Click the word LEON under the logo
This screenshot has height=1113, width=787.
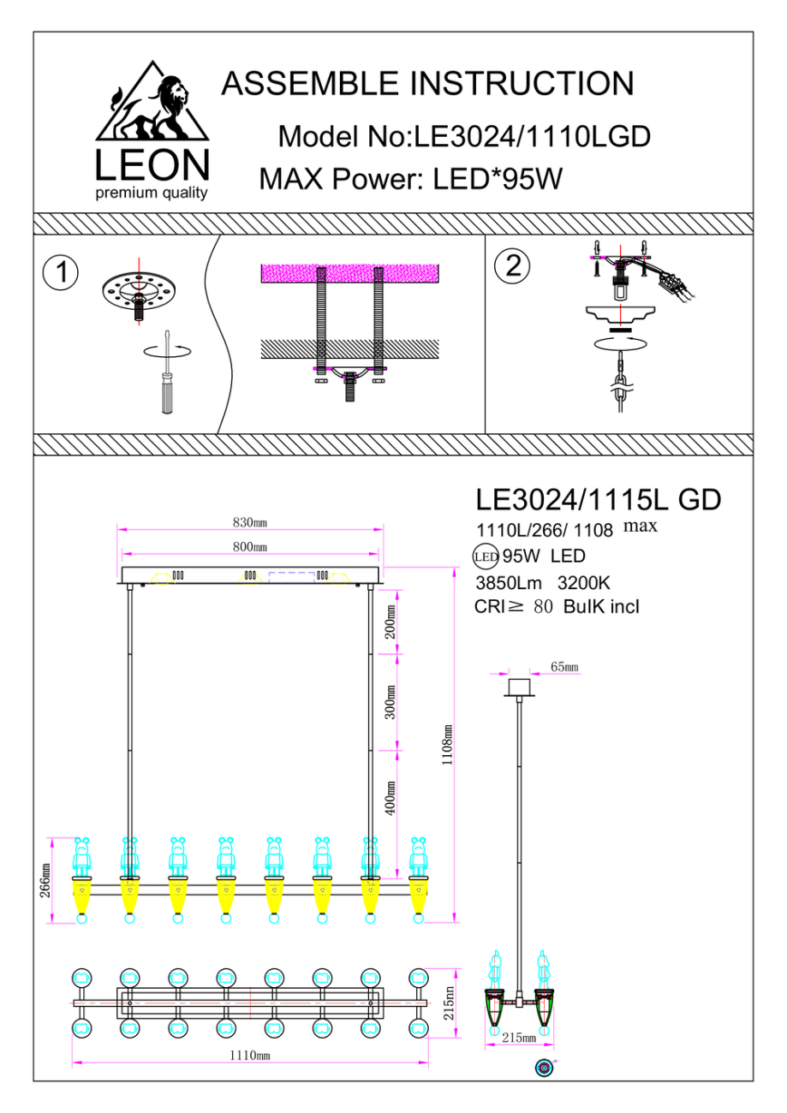(152, 165)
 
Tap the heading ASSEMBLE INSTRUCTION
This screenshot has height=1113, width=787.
(427, 84)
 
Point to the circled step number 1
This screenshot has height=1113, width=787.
(61, 273)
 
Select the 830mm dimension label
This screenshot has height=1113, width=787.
(250, 522)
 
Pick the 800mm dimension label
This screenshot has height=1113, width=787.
(250, 546)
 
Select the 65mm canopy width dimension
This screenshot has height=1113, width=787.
(564, 666)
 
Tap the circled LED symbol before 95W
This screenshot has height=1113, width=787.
(486, 556)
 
